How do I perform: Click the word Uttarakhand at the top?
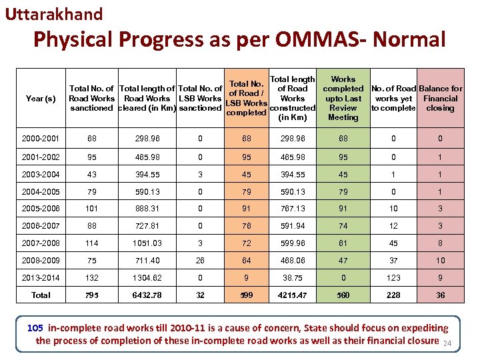pos(54,14)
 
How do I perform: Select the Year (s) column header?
pos(40,99)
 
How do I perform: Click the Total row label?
pos(40,295)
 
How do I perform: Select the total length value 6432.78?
pos(147,295)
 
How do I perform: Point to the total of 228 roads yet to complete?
pos(393,295)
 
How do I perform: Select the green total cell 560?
pos(343,295)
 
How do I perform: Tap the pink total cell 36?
pos(441,295)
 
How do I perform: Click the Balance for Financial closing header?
pos(441,98)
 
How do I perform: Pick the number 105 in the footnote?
pos(35,328)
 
